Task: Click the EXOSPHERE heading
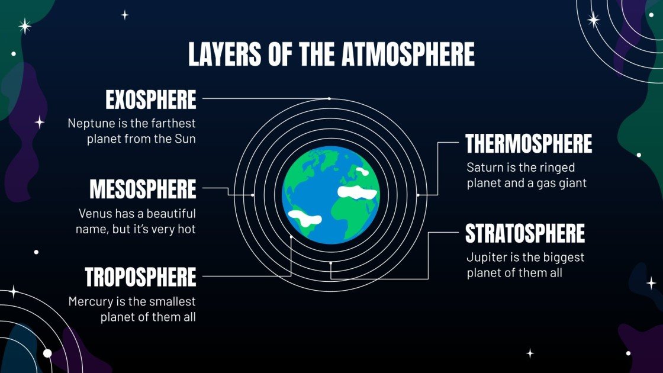[x=150, y=101]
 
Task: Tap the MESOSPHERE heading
[x=143, y=190]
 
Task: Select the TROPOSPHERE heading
[x=140, y=277]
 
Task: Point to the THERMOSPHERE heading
[x=529, y=144]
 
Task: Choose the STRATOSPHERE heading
[x=525, y=234]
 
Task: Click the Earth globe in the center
[x=331, y=195]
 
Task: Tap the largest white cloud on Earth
[x=357, y=192]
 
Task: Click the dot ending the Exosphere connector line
[x=329, y=98]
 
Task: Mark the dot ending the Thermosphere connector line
[x=418, y=195]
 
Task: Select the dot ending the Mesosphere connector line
[x=253, y=195]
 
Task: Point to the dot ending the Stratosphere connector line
[x=331, y=262]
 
